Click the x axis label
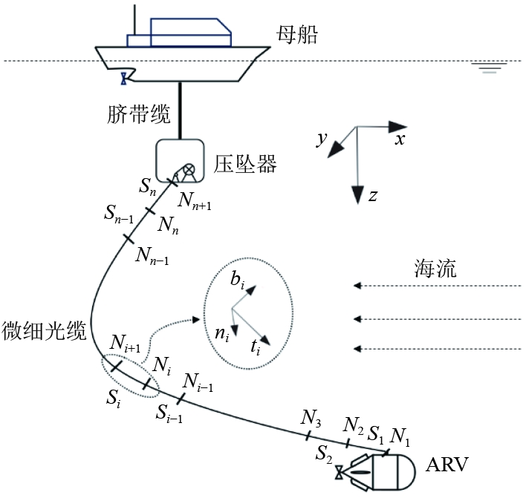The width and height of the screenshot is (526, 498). [x=400, y=138]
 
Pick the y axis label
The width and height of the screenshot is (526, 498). [x=322, y=140]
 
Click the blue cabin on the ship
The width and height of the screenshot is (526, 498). [x=189, y=32]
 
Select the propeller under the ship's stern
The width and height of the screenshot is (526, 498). [x=125, y=76]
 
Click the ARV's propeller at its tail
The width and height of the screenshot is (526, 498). [x=340, y=470]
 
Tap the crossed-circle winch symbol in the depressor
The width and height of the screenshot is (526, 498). [x=189, y=170]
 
